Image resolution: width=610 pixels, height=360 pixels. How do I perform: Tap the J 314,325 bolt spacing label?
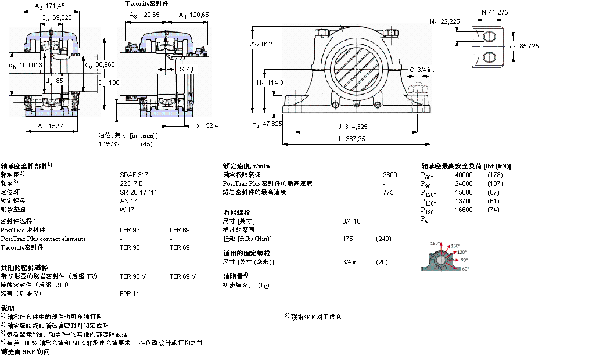point(351,125)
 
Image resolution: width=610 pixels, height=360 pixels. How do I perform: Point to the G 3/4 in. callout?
point(422,70)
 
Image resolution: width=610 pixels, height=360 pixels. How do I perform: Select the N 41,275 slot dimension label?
point(496,11)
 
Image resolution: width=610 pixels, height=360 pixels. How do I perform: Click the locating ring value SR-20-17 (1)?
point(138,192)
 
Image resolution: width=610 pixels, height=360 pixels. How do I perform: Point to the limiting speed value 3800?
point(390,174)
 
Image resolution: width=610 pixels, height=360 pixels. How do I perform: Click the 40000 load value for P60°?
point(464,174)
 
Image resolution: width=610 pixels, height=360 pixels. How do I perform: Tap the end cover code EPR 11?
point(130,294)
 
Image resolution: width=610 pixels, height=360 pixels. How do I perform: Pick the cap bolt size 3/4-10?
point(351,221)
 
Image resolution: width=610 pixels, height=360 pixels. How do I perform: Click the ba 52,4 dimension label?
point(206,125)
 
